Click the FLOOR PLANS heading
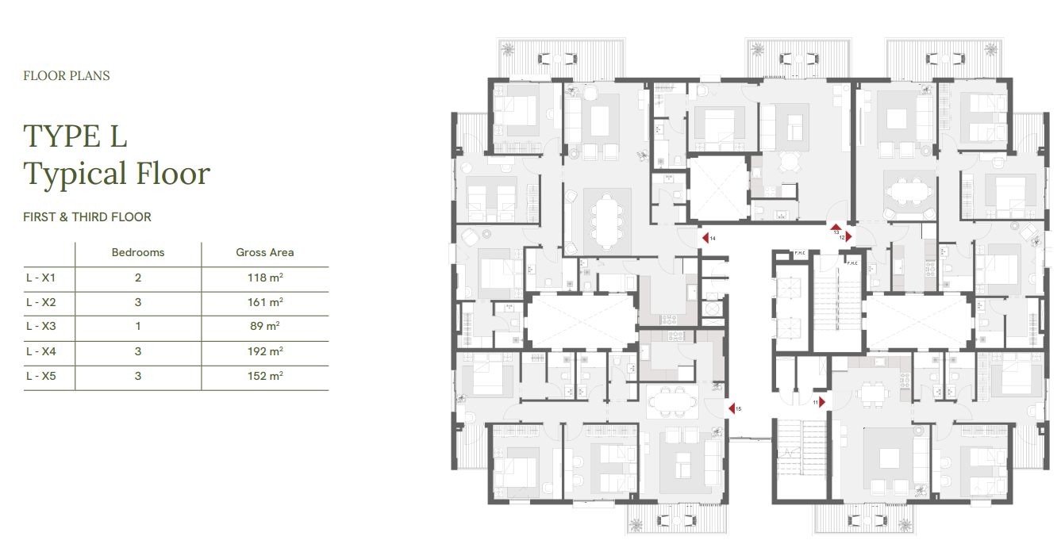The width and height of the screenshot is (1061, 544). [x=67, y=76]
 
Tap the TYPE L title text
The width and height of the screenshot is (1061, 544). [x=75, y=136]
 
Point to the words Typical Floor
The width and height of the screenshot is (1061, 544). [x=117, y=174]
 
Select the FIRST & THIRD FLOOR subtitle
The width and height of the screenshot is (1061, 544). [x=87, y=216]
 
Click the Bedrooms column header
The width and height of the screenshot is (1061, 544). [x=138, y=252]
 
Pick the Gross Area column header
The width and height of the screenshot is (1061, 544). [x=265, y=252]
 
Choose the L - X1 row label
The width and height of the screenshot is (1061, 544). [x=40, y=278]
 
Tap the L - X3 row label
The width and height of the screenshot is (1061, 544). [x=40, y=326]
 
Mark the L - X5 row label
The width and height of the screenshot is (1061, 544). [x=40, y=376]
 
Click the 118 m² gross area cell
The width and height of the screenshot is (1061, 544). [x=265, y=278]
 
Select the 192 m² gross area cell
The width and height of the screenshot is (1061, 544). [x=265, y=351]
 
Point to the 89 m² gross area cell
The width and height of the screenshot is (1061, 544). [x=265, y=326]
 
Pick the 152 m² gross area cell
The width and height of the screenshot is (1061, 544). [x=265, y=376]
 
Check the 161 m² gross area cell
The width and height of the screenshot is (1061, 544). [x=265, y=302]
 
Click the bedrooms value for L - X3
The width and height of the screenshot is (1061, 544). [x=138, y=326]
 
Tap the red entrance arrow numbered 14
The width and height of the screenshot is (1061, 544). [x=705, y=238]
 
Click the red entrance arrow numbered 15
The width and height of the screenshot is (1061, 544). [x=732, y=408]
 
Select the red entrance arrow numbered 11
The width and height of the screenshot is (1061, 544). [x=822, y=402]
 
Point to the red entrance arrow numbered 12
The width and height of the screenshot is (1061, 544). [x=849, y=236]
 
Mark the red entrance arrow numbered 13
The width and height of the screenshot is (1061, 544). [x=836, y=228]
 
